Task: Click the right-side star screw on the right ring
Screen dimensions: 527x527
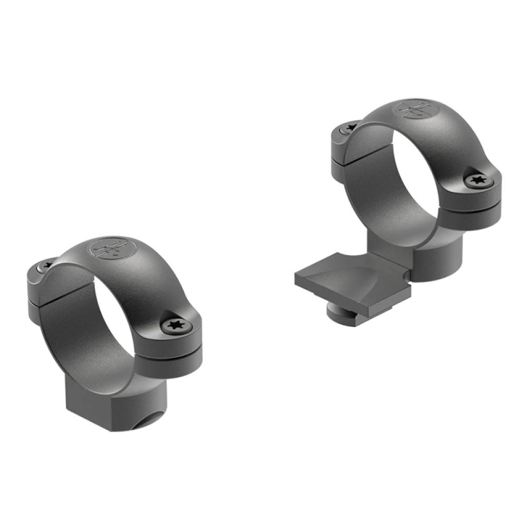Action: (479, 180)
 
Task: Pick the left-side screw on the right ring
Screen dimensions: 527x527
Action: (349, 128)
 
